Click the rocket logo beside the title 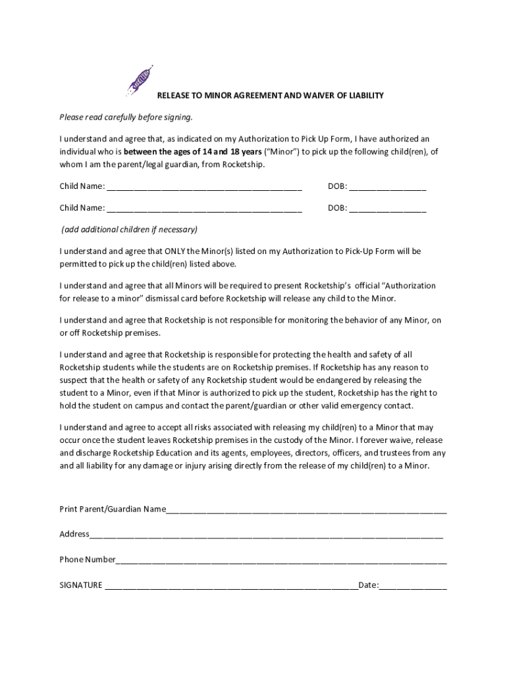[x=140, y=81]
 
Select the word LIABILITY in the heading [x=361, y=95]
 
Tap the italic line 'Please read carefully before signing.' [x=126, y=117]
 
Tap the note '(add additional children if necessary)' [x=129, y=230]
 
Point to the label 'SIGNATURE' [x=81, y=584]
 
